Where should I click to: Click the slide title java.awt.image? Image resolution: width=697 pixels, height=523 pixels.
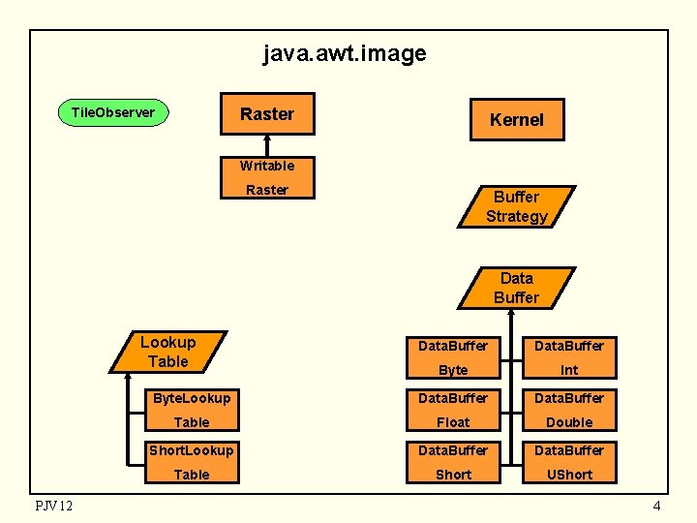(x=345, y=54)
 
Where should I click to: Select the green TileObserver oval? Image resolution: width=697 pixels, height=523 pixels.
(x=113, y=113)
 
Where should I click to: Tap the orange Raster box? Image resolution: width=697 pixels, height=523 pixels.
(x=267, y=114)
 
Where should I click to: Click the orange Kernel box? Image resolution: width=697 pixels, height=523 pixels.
(x=516, y=119)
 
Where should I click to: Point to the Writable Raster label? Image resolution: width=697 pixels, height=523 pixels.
(x=267, y=177)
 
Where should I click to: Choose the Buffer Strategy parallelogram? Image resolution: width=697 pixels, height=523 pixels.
(x=517, y=206)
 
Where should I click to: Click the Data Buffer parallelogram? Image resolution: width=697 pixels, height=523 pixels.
(x=517, y=288)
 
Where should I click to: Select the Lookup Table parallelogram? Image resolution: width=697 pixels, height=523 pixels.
(x=167, y=352)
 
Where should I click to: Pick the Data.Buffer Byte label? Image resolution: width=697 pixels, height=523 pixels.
(x=453, y=357)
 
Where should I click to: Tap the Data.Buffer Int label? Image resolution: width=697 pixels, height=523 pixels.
(x=569, y=357)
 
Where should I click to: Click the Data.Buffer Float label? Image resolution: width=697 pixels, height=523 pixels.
(x=453, y=410)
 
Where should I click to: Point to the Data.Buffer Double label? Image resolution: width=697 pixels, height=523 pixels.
(x=569, y=410)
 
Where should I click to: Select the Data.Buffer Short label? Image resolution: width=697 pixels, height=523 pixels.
(x=453, y=462)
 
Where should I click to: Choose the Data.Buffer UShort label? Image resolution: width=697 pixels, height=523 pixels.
(x=569, y=462)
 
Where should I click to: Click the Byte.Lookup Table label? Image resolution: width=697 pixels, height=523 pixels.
(x=192, y=410)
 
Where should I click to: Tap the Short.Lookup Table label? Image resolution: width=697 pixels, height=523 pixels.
(x=192, y=462)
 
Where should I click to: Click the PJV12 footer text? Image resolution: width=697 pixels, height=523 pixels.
(x=54, y=506)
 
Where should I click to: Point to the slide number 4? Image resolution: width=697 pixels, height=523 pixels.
(x=656, y=506)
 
